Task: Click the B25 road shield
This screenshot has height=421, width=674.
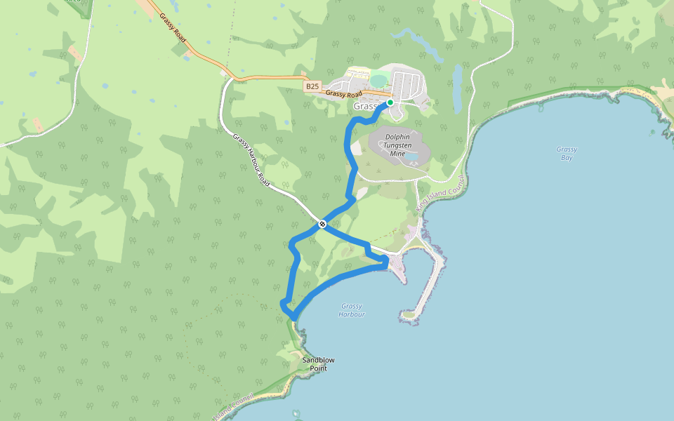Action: [312, 86]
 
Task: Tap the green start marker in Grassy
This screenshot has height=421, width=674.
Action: [390, 102]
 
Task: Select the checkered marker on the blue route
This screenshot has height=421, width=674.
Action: [322, 224]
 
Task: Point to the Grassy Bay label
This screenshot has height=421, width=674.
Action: [566, 153]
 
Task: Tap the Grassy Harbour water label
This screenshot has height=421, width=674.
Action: [352, 310]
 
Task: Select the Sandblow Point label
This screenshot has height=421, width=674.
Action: [318, 363]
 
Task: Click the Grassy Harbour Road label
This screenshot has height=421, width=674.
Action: [251, 160]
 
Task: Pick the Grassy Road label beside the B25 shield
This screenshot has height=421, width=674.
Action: [344, 94]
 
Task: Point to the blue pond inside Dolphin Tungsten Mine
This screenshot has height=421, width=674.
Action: [417, 153]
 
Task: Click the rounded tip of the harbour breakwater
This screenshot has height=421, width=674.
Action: [405, 313]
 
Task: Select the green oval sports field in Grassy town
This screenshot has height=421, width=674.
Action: [378, 81]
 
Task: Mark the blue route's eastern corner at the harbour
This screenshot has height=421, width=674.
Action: [385, 262]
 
